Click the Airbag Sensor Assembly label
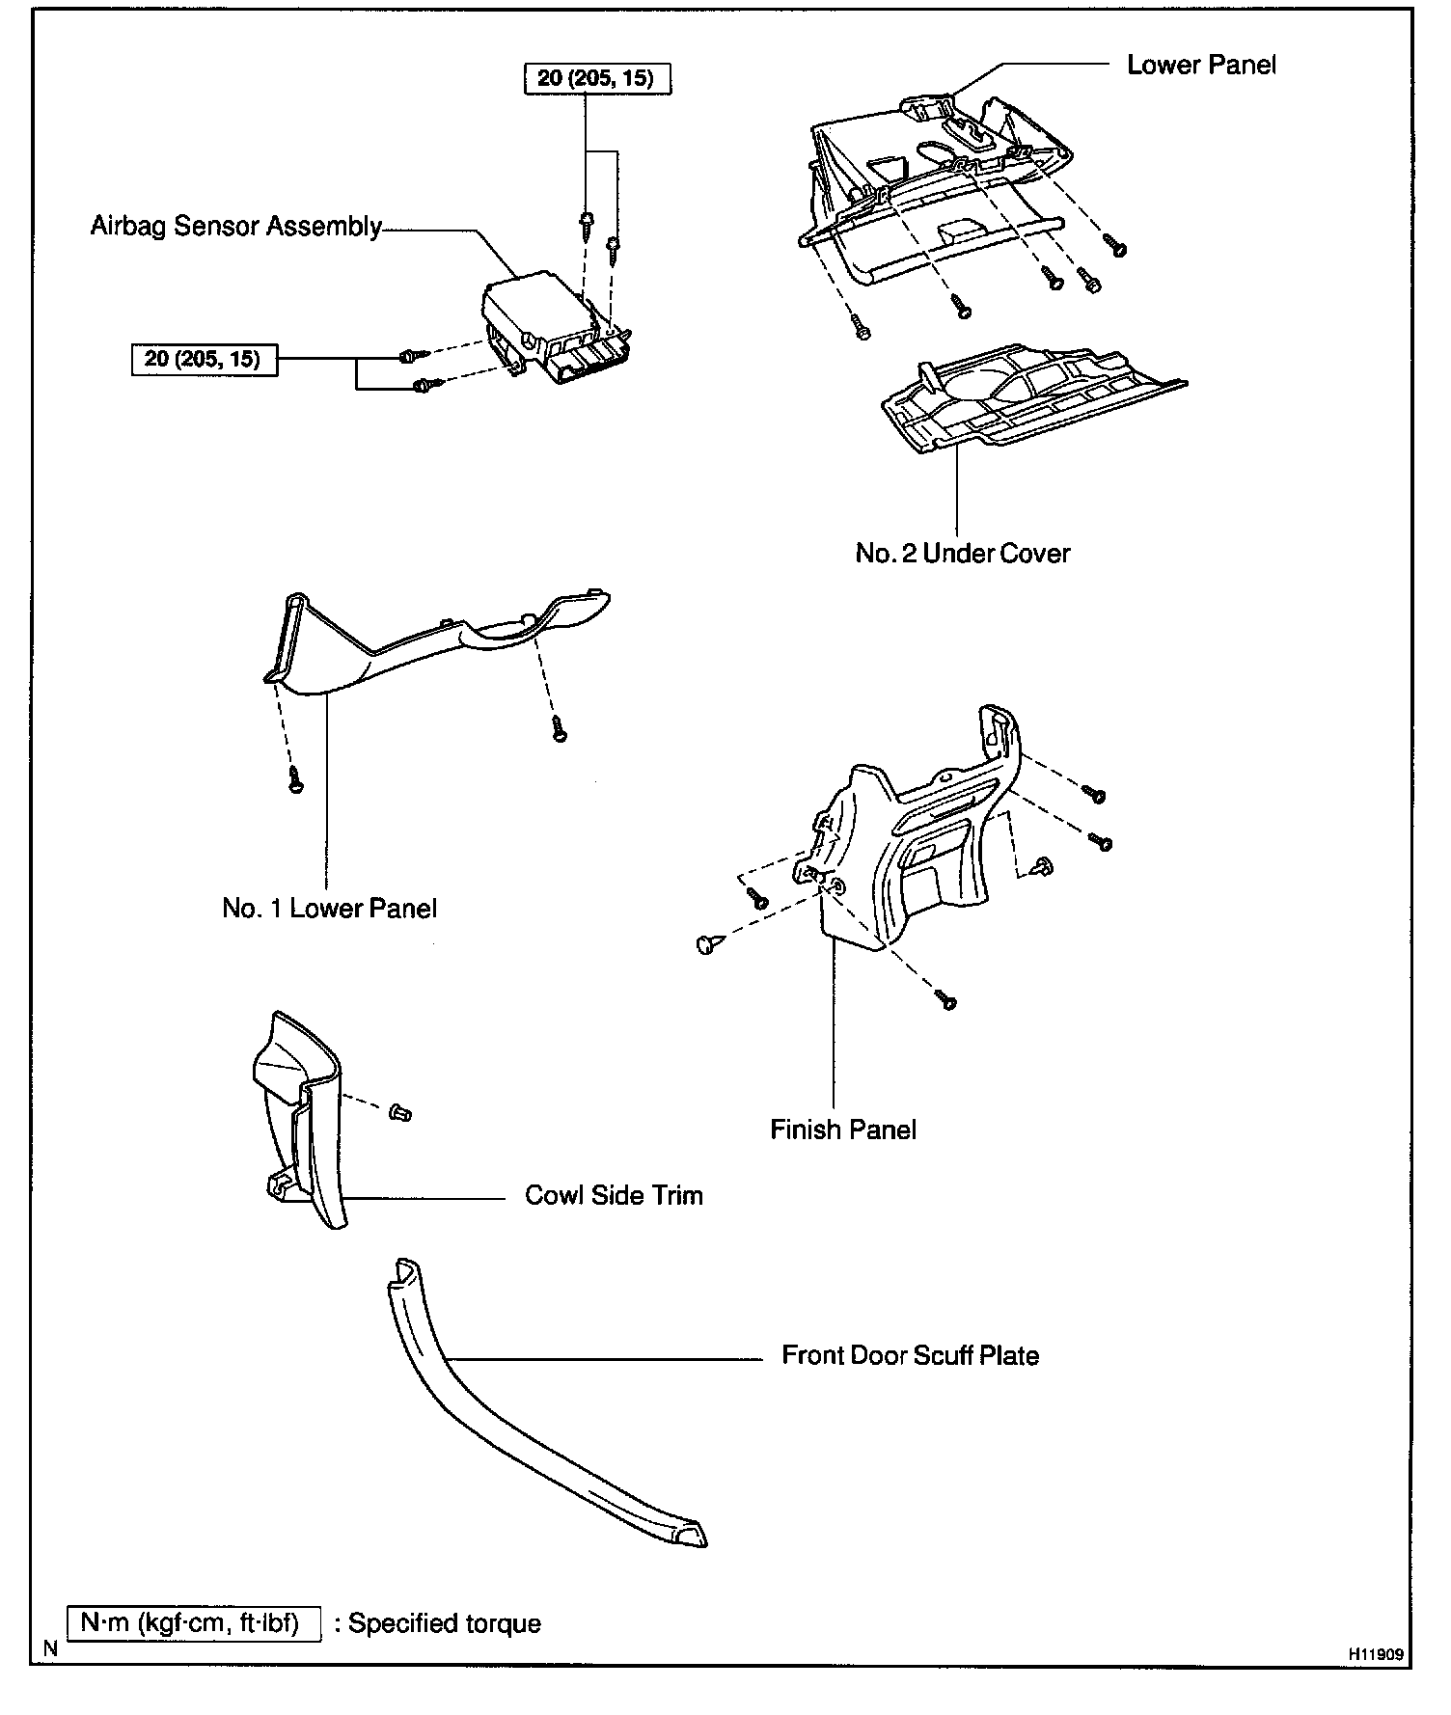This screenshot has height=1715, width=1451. tap(235, 227)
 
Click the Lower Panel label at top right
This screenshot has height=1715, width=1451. tap(1201, 66)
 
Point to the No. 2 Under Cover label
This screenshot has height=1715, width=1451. tap(963, 554)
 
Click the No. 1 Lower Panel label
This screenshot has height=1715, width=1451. tap(329, 909)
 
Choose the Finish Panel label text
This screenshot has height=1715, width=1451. tap(843, 1130)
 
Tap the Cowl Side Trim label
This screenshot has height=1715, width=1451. tap(614, 1196)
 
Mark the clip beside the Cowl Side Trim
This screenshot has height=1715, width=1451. tap(401, 1114)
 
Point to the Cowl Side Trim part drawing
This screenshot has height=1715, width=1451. tap(299, 1119)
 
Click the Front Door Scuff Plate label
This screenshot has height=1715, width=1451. tap(910, 1356)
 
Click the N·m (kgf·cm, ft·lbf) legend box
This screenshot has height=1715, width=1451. tap(193, 1622)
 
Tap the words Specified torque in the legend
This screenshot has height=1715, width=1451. tap(445, 1623)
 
